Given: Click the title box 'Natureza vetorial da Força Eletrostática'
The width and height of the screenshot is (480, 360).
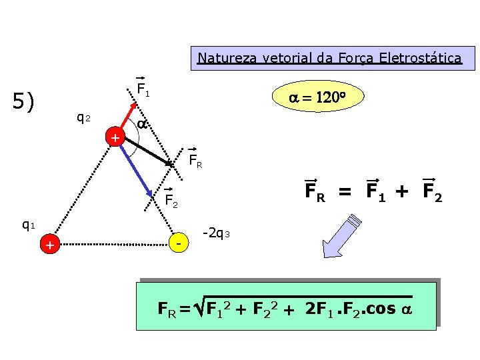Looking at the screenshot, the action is (x=329, y=58).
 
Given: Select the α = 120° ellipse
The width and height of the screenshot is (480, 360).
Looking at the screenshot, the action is (x=316, y=97).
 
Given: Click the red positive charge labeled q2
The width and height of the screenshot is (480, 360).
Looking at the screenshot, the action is (x=115, y=137).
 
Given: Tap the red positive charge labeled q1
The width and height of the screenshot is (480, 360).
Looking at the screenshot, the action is (x=49, y=246).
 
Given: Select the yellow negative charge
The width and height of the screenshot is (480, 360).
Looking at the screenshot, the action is (x=178, y=245).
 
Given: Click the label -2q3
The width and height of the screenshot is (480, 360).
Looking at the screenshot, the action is (x=215, y=233).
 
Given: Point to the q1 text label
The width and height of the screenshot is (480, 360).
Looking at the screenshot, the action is (x=29, y=225).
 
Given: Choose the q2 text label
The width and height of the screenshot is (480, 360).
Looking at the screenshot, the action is (x=84, y=118).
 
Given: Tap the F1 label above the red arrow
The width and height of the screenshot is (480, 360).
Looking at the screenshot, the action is (x=143, y=89).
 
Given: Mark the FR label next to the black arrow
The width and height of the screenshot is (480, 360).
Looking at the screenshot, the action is (x=195, y=160).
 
